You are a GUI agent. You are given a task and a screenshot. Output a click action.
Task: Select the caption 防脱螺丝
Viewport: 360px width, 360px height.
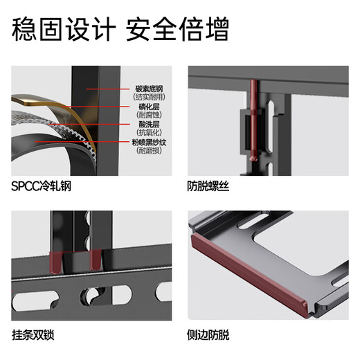tap(208, 186)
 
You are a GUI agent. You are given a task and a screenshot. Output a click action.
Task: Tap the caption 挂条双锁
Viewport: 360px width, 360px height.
tap(33, 335)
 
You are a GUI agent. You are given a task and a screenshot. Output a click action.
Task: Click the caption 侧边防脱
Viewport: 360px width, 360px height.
tap(208, 335)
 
